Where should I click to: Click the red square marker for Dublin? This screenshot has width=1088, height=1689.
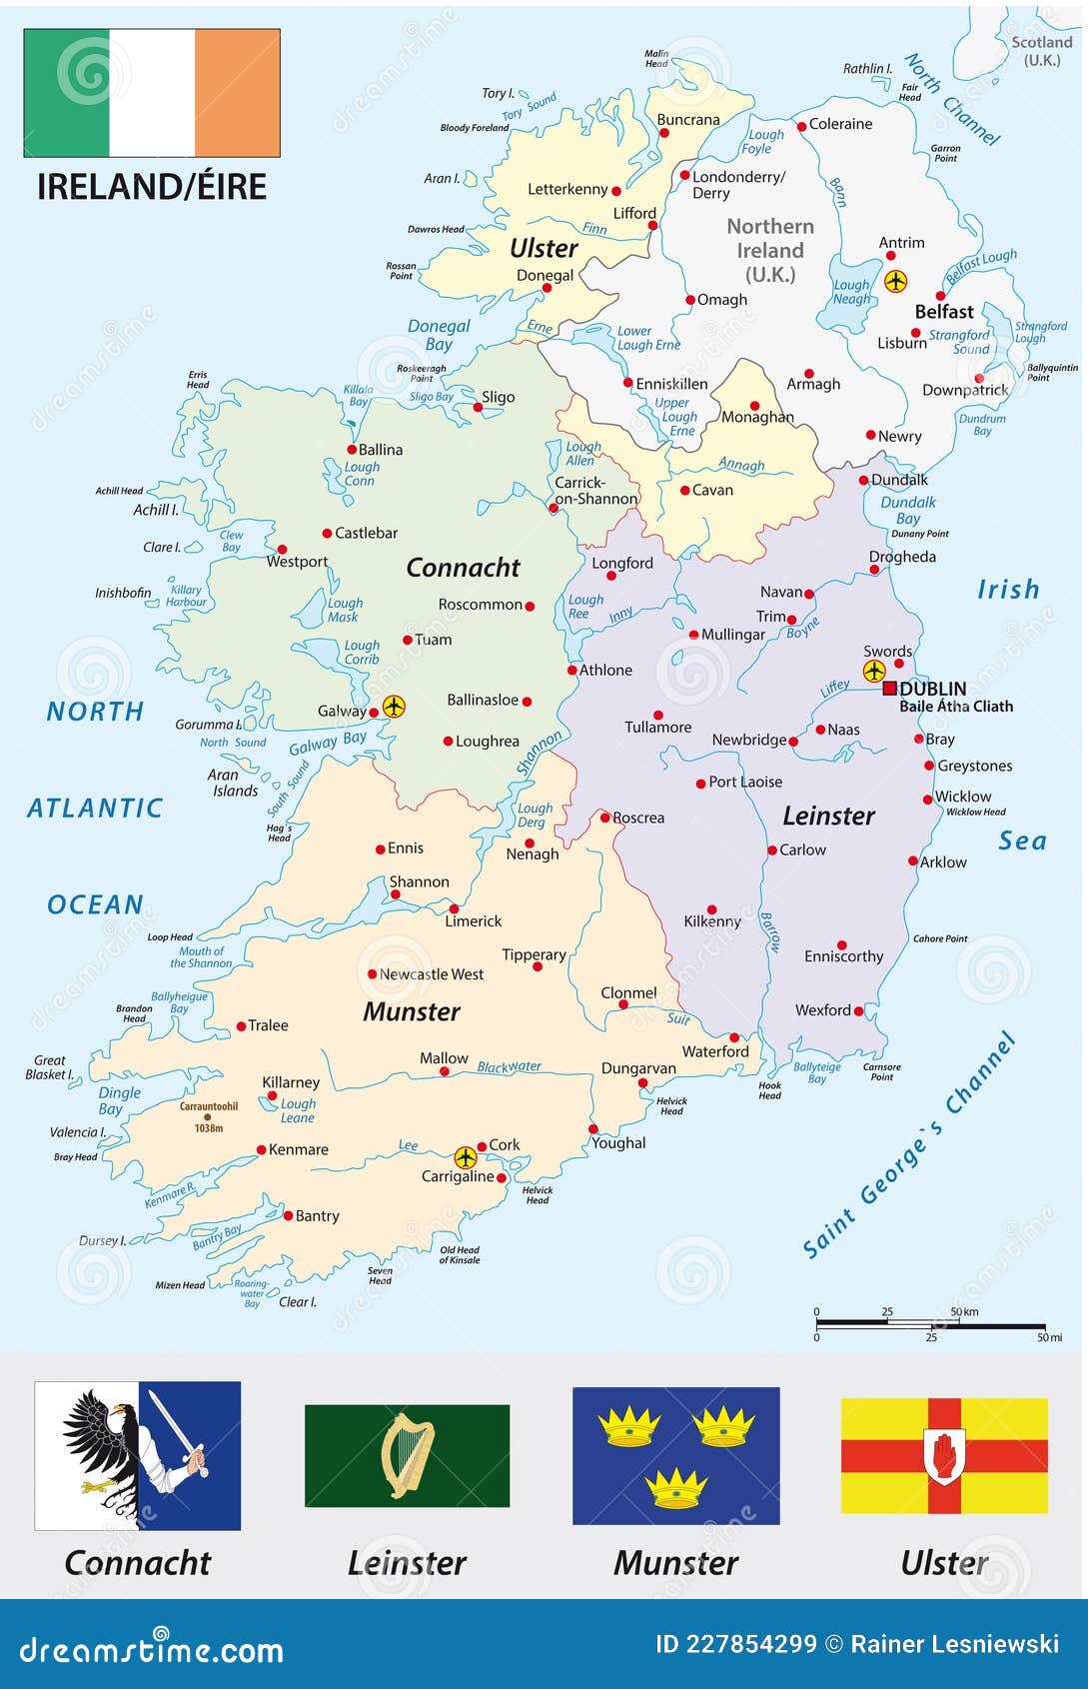pyautogui.click(x=889, y=688)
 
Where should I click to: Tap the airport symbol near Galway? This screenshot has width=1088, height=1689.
pyautogui.click(x=395, y=707)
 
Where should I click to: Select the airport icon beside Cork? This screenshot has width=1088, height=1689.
pyautogui.click(x=466, y=1157)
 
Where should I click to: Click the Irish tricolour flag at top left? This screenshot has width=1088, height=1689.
pyautogui.click(x=152, y=93)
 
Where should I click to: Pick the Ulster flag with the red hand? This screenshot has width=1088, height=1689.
pyautogui.click(x=944, y=1455)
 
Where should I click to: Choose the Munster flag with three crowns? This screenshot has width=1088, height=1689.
pyautogui.click(x=675, y=1455)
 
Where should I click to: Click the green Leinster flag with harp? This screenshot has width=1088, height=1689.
pyautogui.click(x=407, y=1455)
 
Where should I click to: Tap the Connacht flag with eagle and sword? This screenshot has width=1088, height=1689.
pyautogui.click(x=138, y=1455)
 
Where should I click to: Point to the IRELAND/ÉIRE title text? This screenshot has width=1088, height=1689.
pyautogui.click(x=152, y=187)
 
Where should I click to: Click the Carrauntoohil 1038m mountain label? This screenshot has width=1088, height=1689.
pyautogui.click(x=209, y=1116)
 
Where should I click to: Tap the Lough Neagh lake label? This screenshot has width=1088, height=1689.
pyautogui.click(x=851, y=292)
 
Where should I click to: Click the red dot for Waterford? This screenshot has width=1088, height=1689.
pyautogui.click(x=734, y=1037)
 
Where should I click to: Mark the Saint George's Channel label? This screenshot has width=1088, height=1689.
pyautogui.click(x=908, y=1145)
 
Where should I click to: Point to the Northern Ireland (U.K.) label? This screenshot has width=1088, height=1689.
pyautogui.click(x=770, y=251)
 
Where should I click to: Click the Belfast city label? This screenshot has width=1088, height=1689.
pyautogui.click(x=944, y=312)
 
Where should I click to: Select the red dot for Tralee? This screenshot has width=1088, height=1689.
pyautogui.click(x=241, y=1026)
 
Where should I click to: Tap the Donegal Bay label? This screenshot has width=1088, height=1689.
pyautogui.click(x=439, y=335)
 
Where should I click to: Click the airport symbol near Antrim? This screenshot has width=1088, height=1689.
pyautogui.click(x=896, y=281)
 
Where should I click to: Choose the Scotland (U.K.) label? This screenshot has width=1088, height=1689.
pyautogui.click(x=1041, y=51)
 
